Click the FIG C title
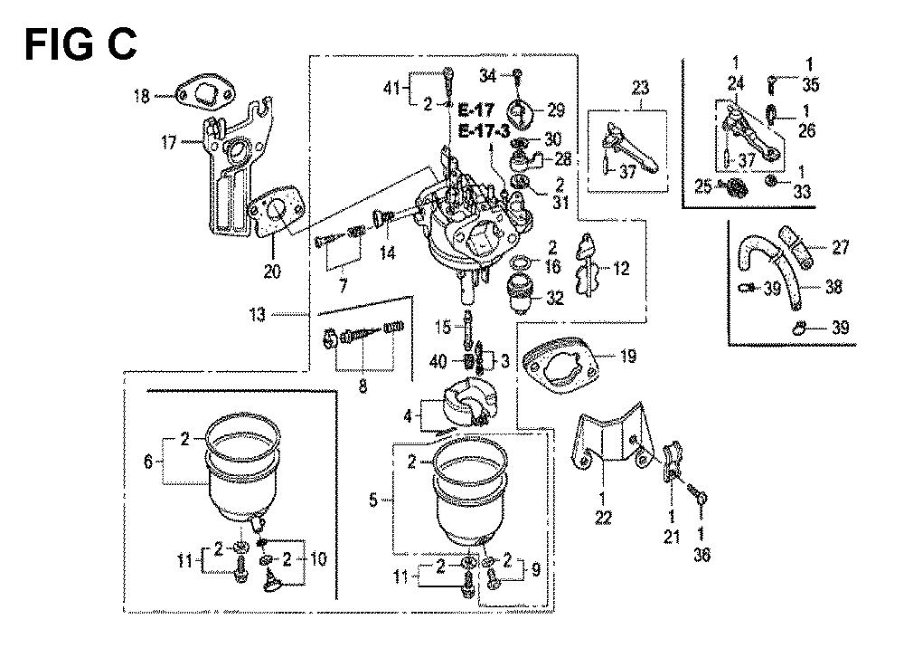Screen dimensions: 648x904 point(80,41)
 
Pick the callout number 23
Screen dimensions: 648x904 point(640,88)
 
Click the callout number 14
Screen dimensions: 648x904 point(387,254)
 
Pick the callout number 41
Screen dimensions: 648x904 point(390,88)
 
